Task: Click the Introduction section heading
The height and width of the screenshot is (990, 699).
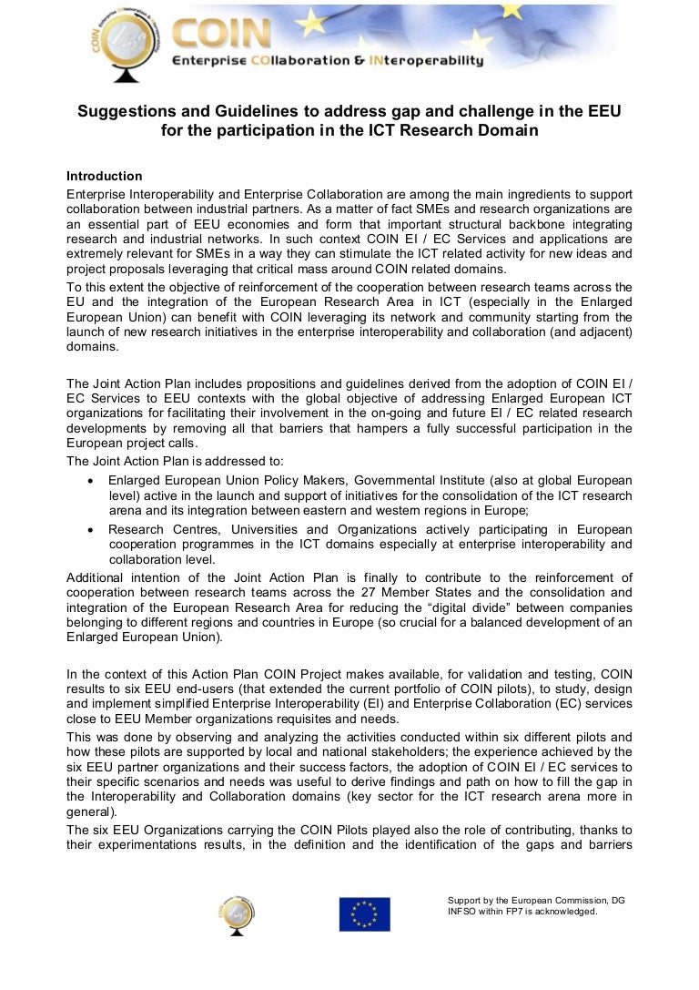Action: pos(105,176)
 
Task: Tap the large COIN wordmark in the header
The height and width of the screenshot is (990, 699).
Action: pos(222,35)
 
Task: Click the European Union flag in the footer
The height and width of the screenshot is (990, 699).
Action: pos(365,913)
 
